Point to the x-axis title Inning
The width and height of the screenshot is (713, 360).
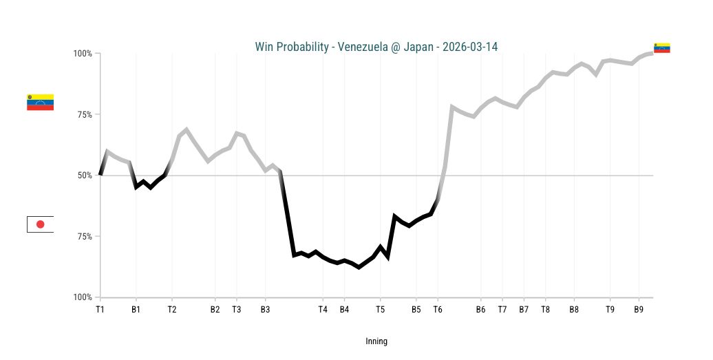click(x=376, y=341)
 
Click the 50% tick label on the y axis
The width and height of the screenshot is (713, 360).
click(x=85, y=176)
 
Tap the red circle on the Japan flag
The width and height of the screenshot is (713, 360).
click(x=40, y=224)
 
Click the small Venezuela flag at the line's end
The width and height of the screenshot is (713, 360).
click(x=662, y=47)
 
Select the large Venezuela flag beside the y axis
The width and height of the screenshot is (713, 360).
click(x=40, y=103)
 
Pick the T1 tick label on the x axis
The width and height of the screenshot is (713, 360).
click(x=100, y=310)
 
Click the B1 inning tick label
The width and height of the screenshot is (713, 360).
click(x=136, y=310)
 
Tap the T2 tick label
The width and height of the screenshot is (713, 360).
click(x=172, y=310)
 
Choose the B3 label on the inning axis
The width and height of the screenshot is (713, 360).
click(x=265, y=310)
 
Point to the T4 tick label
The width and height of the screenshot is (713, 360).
click(x=323, y=310)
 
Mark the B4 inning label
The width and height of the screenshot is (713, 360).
click(x=344, y=310)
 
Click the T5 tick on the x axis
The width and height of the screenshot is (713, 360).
click(x=380, y=310)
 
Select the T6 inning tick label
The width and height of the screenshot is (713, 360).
click(x=438, y=310)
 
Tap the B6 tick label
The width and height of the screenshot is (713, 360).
click(x=480, y=310)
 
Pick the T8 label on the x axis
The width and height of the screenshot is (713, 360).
click(x=545, y=310)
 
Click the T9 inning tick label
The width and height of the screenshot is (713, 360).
click(x=610, y=310)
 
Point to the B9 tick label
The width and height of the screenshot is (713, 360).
click(x=639, y=310)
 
